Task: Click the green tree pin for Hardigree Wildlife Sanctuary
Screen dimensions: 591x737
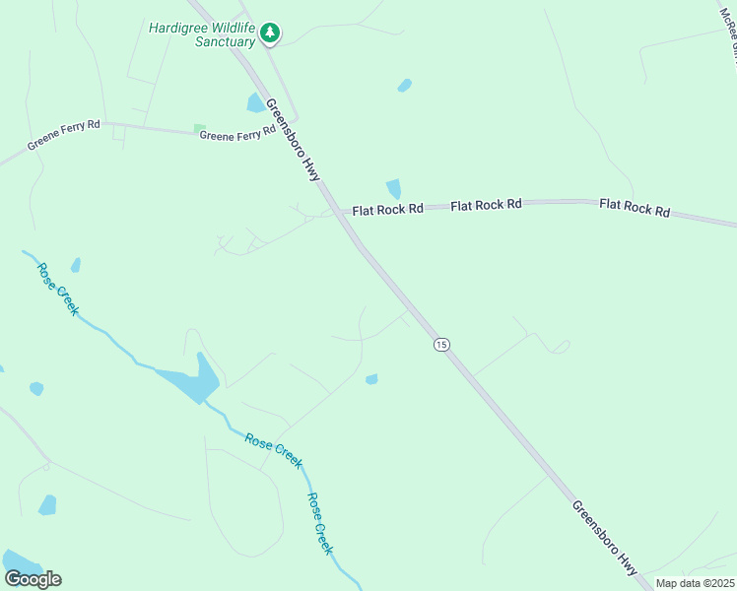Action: tap(269, 33)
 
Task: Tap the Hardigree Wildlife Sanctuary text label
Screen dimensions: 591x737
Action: tap(201, 34)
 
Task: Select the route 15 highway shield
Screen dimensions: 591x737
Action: tap(441, 344)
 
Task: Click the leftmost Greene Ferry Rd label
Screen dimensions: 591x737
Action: tap(64, 140)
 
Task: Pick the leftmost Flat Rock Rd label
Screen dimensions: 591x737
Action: tap(387, 209)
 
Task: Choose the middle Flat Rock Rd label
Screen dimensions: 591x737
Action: tap(486, 205)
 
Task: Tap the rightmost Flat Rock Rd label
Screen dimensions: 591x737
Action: tap(635, 208)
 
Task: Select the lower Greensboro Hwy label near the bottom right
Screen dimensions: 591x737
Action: tap(605, 538)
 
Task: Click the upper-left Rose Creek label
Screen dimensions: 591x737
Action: tap(57, 287)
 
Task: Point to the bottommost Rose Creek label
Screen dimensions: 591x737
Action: tap(321, 523)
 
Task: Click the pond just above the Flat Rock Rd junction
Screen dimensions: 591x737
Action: tap(394, 188)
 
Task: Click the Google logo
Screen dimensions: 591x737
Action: tap(33, 579)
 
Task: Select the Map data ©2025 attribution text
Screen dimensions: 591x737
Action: tap(695, 583)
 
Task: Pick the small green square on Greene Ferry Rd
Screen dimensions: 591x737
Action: tap(200, 128)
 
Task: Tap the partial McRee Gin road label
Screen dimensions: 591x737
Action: tap(729, 30)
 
